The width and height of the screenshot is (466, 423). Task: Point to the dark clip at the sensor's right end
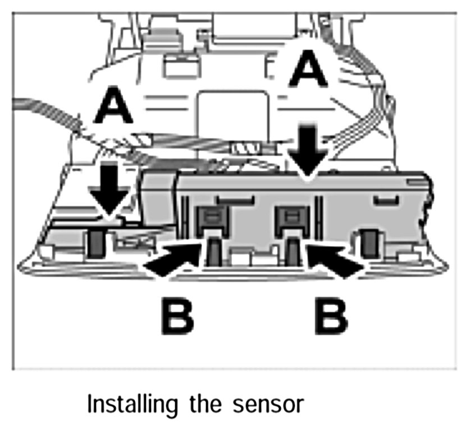[369, 242]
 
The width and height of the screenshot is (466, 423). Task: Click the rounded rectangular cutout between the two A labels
[232, 113]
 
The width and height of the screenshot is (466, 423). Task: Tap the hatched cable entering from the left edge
[45, 109]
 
